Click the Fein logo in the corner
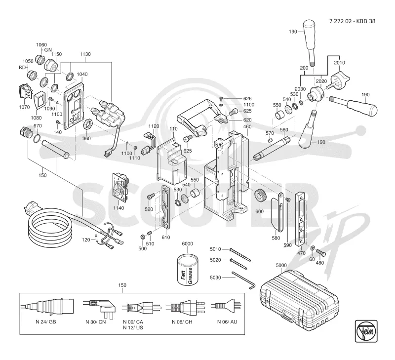pyautogui.click(x=366, y=331)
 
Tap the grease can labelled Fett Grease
pyautogui.click(x=188, y=270)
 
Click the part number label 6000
pyautogui.click(x=187, y=243)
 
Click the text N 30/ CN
pyautogui.click(x=96, y=321)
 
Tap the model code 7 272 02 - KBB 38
pyautogui.click(x=352, y=21)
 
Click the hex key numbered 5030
pyautogui.click(x=244, y=280)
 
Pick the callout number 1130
pyautogui.click(x=85, y=54)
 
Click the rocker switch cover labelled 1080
pyautogui.click(x=40, y=100)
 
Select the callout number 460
pyautogui.click(x=247, y=126)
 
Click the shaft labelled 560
pyautogui.click(x=272, y=149)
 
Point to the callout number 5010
pyautogui.click(x=215, y=249)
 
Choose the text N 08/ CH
pyautogui.click(x=182, y=321)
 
